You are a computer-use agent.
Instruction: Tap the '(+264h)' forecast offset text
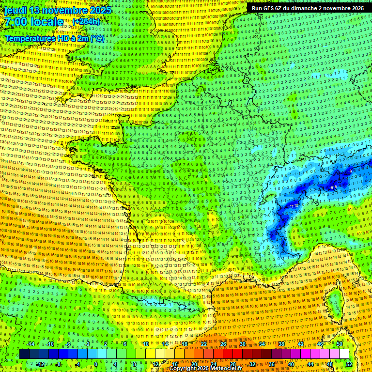tap(86, 21)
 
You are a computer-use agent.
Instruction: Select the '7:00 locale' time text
tap(34, 22)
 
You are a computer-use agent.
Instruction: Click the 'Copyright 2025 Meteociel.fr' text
tap(209, 368)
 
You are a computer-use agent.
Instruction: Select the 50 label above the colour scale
tap(339, 344)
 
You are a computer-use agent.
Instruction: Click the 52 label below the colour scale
tap(349, 364)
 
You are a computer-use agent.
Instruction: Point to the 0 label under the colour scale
tap(96, 364)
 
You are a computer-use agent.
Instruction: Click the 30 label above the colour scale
tap(242, 344)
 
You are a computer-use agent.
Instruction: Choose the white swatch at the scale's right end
tap(344, 354)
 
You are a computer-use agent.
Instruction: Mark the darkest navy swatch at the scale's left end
tap(24, 354)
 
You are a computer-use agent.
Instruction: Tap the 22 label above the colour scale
tap(203, 344)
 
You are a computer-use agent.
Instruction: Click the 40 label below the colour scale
tap(291, 364)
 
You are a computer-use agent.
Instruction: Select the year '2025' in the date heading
tap(99, 10)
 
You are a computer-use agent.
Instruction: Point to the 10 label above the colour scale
tap(145, 344)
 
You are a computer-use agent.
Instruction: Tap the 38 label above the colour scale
tap(281, 344)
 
